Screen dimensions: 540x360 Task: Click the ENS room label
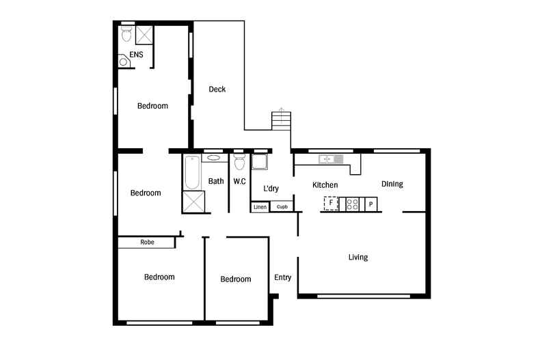coord(136,55)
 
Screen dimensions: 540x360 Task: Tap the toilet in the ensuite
coord(126,33)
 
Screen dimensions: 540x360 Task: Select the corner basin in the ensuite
coord(124,61)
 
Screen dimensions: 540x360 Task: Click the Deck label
coord(217,89)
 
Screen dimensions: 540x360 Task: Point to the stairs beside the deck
coord(282,121)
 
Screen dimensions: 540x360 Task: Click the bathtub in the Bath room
coord(192,172)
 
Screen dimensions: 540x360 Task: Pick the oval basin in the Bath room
coord(213,158)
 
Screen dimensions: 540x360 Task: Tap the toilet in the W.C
coord(239,162)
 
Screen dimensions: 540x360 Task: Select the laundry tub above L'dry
coord(259,162)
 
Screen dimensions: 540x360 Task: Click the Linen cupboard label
coord(260,207)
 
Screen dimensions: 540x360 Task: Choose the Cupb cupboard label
coord(282,207)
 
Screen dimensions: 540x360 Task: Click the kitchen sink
coord(331,159)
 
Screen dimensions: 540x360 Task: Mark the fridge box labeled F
coord(331,204)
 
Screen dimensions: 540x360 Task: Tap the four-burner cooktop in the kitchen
coord(352,204)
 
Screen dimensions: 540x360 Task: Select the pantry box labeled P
coord(371,204)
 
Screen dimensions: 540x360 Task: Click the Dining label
coord(392,184)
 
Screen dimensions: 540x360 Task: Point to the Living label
coord(357,257)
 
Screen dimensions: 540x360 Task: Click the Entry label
coord(283,277)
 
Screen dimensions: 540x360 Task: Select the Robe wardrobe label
coord(147,243)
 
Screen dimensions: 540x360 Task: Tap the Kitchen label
coord(325,185)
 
